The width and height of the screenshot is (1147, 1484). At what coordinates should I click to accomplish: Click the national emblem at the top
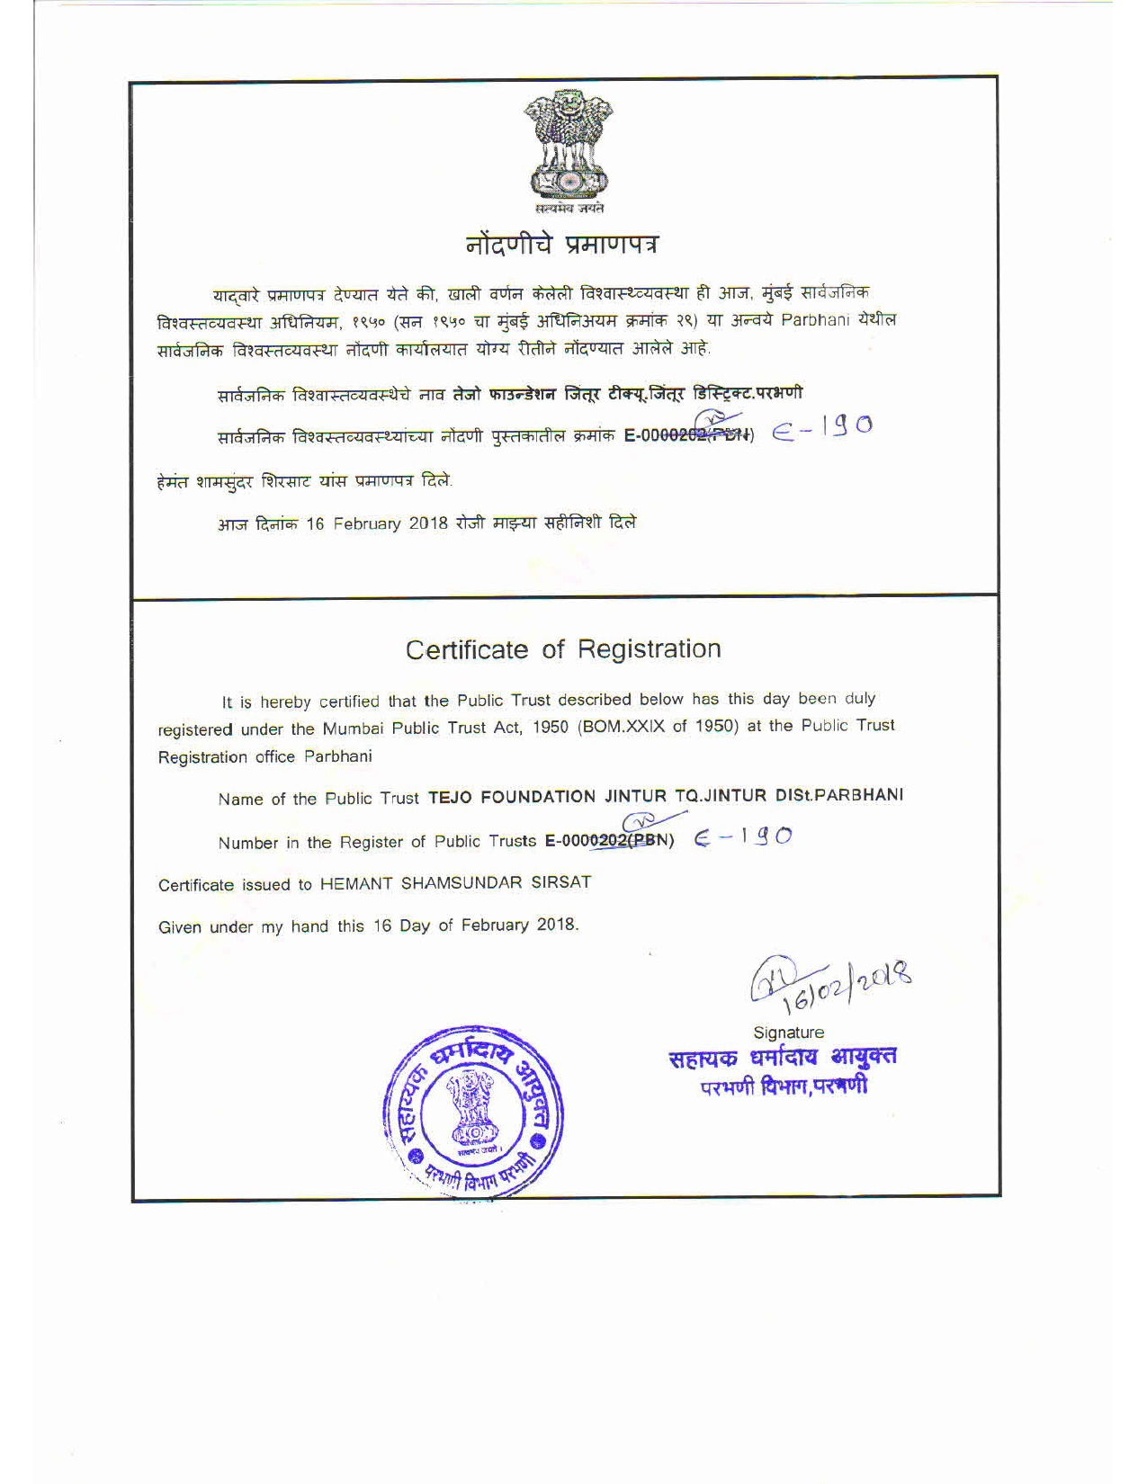click(568, 149)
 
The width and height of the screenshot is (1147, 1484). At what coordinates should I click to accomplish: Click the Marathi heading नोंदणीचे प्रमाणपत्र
click(568, 243)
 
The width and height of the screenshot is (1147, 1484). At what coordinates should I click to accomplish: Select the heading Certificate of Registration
click(563, 649)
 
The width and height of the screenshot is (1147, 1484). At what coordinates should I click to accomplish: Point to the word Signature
click(788, 1033)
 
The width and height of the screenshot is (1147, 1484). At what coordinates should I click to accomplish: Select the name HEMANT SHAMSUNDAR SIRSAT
click(456, 883)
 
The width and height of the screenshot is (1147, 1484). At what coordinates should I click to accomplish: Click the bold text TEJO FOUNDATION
click(512, 797)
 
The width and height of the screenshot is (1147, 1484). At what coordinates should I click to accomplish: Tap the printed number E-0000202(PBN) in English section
click(609, 841)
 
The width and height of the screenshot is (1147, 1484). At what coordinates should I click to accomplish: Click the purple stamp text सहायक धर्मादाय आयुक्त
click(782, 1058)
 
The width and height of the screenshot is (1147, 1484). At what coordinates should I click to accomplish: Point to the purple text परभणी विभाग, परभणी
click(784, 1086)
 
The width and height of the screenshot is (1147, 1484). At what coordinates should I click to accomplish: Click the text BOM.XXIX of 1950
click(656, 727)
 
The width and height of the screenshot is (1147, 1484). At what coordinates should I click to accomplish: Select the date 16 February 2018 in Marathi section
click(377, 524)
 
